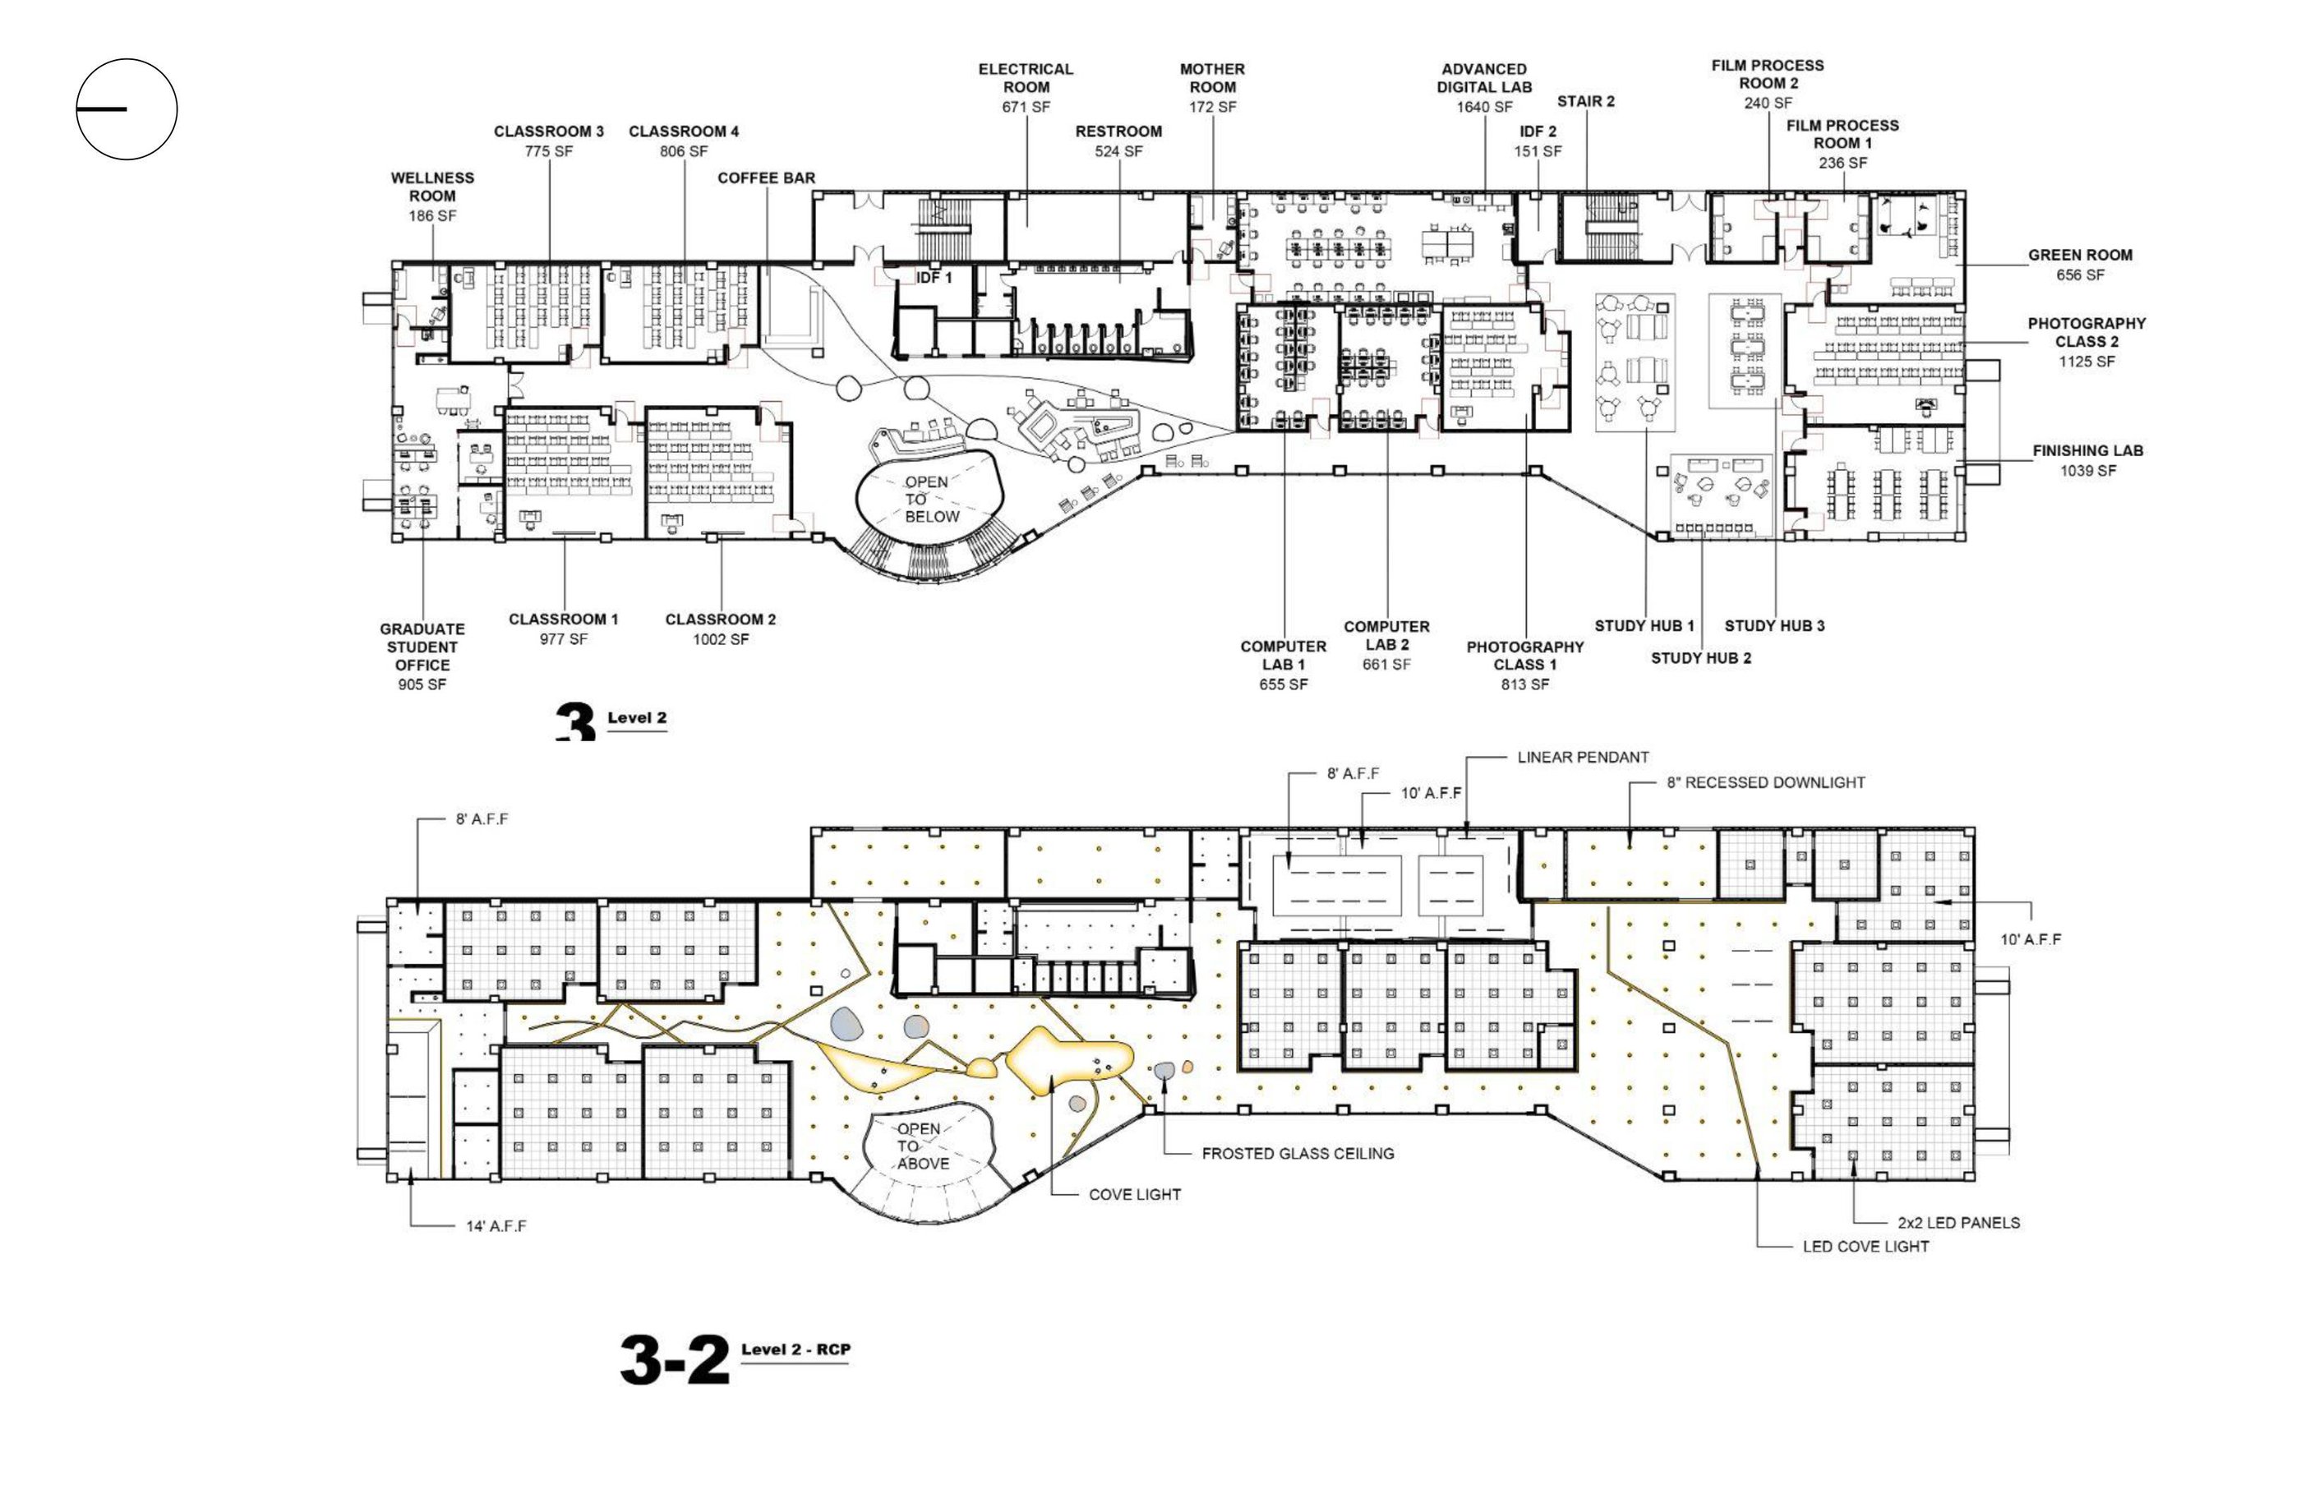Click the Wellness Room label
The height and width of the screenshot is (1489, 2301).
[432, 187]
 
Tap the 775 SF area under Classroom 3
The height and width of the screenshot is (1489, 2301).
[549, 152]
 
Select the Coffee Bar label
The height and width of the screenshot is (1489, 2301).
[766, 177]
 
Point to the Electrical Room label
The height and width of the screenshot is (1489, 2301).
[1026, 78]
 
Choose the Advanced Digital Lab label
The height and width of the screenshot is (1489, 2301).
[1484, 78]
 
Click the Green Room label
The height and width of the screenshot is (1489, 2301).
[2081, 256]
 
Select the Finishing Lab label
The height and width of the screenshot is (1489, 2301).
[2088, 450]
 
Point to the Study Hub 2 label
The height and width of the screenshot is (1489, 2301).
[1700, 658]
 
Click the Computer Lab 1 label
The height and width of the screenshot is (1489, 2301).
[1284, 656]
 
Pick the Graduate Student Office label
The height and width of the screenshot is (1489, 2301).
[422, 647]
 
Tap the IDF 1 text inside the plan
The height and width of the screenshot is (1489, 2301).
[934, 279]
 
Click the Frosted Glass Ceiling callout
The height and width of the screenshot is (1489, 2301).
[1298, 1154]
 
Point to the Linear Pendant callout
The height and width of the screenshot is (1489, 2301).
[1583, 757]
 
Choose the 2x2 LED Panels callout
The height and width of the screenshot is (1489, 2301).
[1959, 1223]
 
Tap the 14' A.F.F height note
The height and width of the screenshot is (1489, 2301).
[496, 1227]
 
